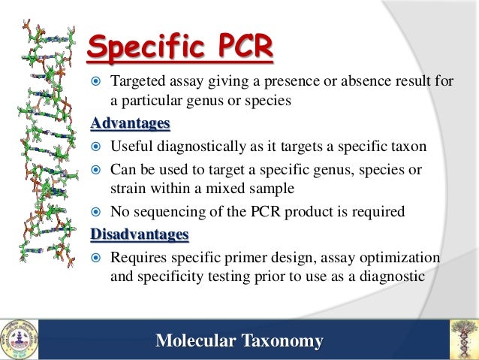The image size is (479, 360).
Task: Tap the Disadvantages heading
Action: pos(139,235)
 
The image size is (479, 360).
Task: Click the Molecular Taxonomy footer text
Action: pos(239,341)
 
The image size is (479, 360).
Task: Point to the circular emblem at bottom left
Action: pos(18,340)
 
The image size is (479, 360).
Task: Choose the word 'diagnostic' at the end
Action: pos(393,276)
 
